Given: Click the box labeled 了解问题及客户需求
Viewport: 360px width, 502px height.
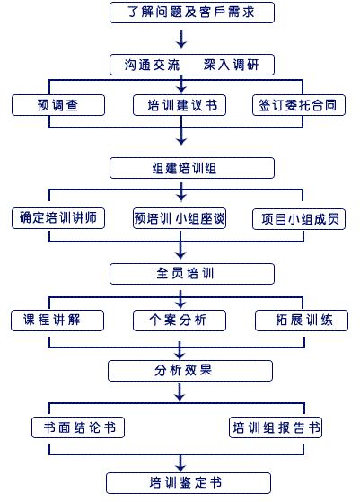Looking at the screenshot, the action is pyautogui.click(x=192, y=13).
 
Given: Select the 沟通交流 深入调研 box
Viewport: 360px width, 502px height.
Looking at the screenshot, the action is pyautogui.click(x=192, y=65).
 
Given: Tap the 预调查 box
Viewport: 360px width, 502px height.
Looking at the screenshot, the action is pyautogui.click(x=58, y=105).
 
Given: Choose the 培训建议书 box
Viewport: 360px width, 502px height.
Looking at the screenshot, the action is pyautogui.click(x=180, y=105).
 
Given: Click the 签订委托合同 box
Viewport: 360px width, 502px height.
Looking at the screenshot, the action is pyautogui.click(x=299, y=105).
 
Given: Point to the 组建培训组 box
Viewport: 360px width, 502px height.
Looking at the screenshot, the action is pyautogui.click(x=192, y=168).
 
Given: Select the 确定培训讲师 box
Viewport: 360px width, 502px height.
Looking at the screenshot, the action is pyautogui.click(x=58, y=218).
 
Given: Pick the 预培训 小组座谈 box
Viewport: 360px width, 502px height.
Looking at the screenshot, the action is pyautogui.click(x=180, y=218).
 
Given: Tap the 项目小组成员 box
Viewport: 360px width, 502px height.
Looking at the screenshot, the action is pyautogui.click(x=299, y=219).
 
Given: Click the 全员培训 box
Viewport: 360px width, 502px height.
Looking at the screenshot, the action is pyautogui.click(x=192, y=274).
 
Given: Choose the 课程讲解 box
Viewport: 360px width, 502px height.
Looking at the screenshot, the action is pyautogui.click(x=57, y=321).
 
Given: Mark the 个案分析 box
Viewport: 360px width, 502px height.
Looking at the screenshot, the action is pyautogui.click(x=180, y=321).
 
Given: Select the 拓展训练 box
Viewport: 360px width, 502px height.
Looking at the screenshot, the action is pyautogui.click(x=302, y=321).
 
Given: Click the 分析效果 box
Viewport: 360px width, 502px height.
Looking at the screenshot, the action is pyautogui.click(x=190, y=371).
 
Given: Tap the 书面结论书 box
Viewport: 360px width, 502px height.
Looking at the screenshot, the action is pyautogui.click(x=78, y=427).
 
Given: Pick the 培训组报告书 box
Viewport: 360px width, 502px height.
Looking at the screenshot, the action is pyautogui.click(x=276, y=427).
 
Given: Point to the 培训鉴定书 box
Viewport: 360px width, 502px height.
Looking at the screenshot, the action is pyautogui.click(x=189, y=483).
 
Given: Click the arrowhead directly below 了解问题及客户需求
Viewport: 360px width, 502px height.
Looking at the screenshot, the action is pyautogui.click(x=181, y=44).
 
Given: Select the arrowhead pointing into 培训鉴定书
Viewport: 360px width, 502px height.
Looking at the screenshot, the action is pyautogui.click(x=180, y=467).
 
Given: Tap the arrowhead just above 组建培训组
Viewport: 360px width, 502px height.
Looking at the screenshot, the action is pyautogui.click(x=181, y=141).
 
